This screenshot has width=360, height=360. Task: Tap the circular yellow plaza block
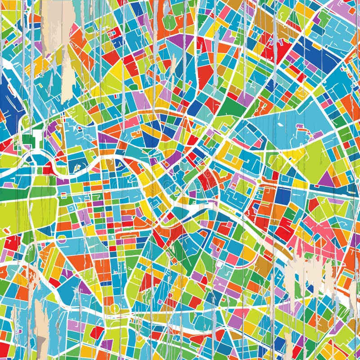[115, 309]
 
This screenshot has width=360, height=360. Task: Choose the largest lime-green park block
[27, 211]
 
